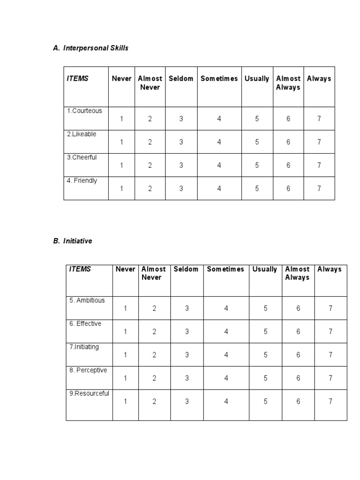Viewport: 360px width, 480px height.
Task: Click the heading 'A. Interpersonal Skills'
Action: click(90, 48)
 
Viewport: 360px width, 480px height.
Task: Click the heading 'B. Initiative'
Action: click(73, 241)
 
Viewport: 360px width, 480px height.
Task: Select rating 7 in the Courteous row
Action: click(319, 119)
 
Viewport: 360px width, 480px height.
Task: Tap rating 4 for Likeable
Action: click(219, 142)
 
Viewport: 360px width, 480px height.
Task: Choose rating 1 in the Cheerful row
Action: click(121, 165)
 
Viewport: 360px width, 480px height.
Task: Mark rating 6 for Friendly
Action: click(288, 188)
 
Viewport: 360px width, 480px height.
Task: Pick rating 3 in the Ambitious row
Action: click(187, 308)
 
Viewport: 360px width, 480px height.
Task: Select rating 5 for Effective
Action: click(265, 331)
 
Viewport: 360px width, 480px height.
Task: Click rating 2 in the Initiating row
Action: click(154, 355)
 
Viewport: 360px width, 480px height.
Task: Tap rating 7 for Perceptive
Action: click(330, 378)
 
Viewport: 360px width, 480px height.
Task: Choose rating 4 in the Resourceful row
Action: click(226, 401)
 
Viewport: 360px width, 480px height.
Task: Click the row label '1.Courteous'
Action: click(84, 111)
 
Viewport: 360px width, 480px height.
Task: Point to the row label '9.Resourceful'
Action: click(89, 394)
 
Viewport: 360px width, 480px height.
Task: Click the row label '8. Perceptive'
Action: click(88, 370)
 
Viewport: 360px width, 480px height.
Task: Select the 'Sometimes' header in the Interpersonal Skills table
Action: click(219, 79)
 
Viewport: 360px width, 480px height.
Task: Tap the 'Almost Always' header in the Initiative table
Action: click(298, 273)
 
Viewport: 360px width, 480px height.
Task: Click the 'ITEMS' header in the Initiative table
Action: click(80, 269)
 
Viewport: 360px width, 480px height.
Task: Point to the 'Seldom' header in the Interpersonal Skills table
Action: click(181, 79)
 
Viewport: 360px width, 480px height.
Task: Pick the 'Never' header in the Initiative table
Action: click(125, 269)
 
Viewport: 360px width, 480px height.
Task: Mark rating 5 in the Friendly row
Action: click(257, 188)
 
